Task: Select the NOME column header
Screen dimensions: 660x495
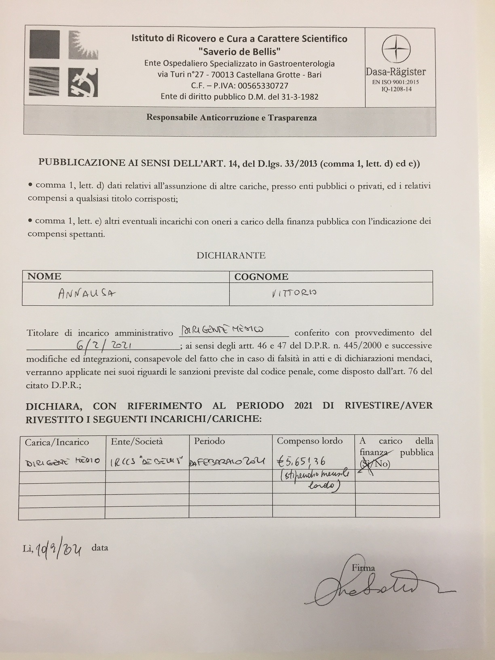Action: [x=44, y=277]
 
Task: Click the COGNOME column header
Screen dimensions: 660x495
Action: [x=261, y=277]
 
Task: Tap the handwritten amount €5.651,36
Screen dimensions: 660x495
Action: [x=301, y=461]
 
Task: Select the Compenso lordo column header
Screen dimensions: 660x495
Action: [x=309, y=441]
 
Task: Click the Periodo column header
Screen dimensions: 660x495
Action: [x=209, y=441]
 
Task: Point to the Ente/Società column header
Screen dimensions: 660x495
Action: [x=137, y=441]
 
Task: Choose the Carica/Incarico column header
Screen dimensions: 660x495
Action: [x=57, y=442]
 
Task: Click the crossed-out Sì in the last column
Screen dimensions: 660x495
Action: [x=366, y=464]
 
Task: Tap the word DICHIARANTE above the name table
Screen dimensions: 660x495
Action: [x=231, y=256]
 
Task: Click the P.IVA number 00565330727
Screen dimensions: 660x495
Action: [x=263, y=86]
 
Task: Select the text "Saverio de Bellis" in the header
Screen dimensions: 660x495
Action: [x=240, y=51]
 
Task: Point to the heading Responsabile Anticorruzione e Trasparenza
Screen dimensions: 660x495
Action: [x=231, y=118]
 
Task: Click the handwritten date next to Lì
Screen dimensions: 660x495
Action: [x=59, y=549]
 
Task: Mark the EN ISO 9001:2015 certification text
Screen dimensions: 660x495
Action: [x=396, y=82]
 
